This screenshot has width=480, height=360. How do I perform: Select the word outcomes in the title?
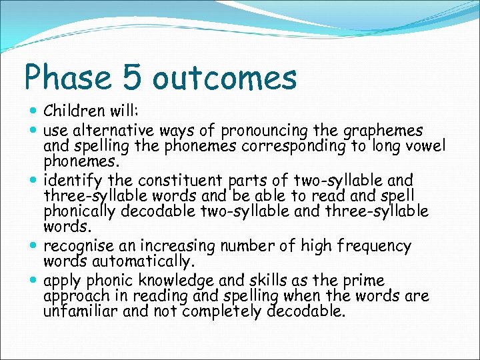224,78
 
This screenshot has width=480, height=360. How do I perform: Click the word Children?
75,110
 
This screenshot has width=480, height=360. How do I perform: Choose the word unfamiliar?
83,311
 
